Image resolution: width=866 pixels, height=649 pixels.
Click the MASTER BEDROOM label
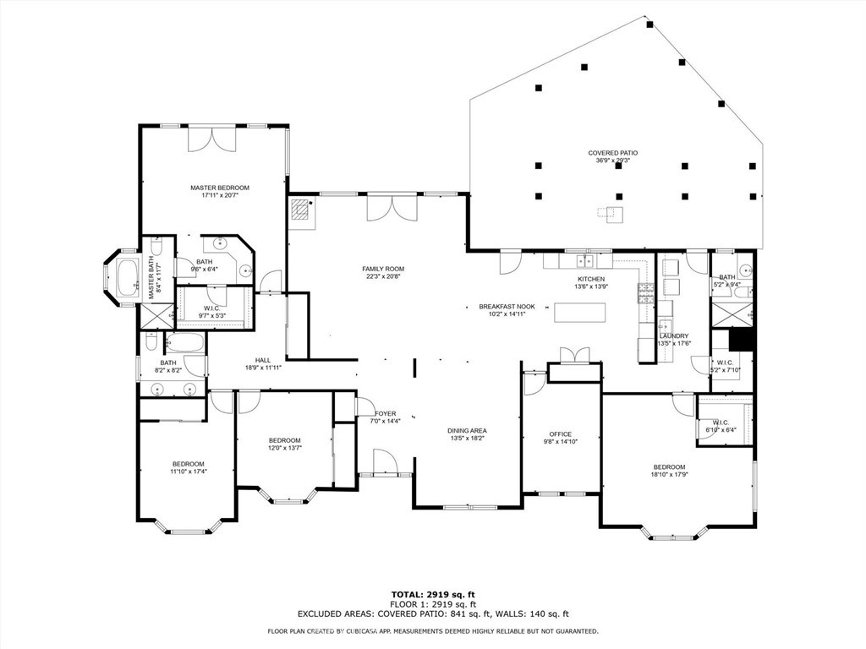(x=220, y=188)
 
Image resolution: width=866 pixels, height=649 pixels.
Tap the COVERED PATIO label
(x=613, y=153)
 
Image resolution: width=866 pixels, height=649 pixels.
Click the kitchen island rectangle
(x=580, y=312)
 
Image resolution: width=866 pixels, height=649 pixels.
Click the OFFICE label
(x=561, y=434)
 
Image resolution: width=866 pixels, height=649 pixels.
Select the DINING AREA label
(x=467, y=431)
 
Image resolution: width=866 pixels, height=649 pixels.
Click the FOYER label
(x=386, y=413)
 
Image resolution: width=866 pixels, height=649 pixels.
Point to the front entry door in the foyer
(x=383, y=461)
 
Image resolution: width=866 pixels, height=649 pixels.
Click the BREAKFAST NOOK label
(x=507, y=306)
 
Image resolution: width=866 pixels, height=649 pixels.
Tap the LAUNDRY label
(x=674, y=335)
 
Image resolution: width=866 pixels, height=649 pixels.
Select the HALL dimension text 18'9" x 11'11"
(x=262, y=368)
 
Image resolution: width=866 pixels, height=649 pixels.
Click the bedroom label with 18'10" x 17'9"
(x=668, y=466)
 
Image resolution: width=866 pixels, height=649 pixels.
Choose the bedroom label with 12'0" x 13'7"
(x=285, y=440)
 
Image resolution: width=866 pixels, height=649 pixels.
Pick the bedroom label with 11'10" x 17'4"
(x=189, y=463)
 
